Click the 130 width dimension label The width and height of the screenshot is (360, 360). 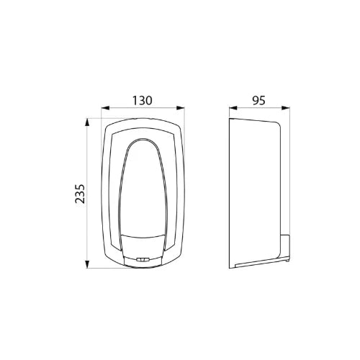point(143,101)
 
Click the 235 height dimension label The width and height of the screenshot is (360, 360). point(80,194)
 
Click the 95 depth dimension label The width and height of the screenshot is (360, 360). point(259,101)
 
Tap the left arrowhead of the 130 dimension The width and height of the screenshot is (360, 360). point(105,108)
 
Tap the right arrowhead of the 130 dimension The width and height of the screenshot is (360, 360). point(181,108)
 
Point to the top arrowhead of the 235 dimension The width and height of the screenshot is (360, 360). point(87,122)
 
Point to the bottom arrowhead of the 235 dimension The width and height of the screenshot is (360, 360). point(87,264)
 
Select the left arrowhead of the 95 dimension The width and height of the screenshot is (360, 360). point(233,108)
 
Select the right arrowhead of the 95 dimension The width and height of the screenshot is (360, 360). point(286,108)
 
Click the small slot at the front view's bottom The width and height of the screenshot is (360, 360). point(143,259)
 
